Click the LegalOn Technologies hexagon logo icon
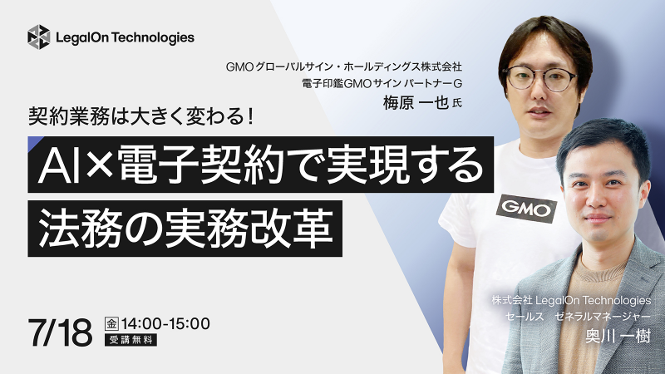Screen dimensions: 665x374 point(38,37)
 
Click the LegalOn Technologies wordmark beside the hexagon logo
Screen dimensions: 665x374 point(126,37)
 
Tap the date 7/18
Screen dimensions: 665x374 point(60,332)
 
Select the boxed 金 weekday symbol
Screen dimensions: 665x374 point(111,324)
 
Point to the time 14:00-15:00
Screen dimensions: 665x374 point(165,323)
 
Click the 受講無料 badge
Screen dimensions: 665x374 point(131,340)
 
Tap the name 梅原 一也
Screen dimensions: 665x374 point(416,102)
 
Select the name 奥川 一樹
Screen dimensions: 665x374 point(618,337)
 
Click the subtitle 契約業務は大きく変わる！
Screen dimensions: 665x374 point(141,116)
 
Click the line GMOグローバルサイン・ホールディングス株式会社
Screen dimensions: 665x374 point(344,67)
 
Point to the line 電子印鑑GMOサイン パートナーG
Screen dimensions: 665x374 point(382,84)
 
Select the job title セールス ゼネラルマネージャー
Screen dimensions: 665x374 point(578,317)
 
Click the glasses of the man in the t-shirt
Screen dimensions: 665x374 point(543,78)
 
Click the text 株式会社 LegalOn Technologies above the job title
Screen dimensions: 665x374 point(571,301)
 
